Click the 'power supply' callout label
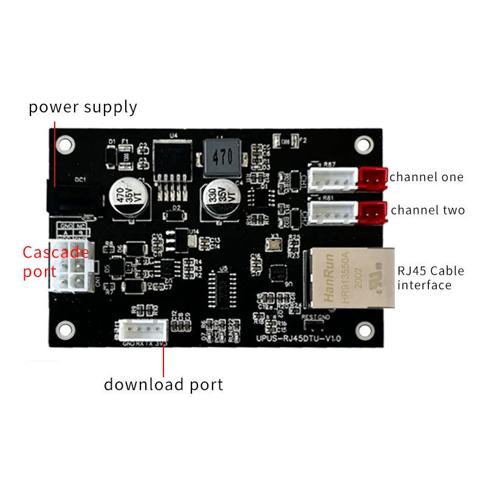(83, 108)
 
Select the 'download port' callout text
(163, 385)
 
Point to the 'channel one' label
(426, 177)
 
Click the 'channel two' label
(428, 210)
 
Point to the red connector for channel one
(372, 177)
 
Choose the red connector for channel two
(372, 211)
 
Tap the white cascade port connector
(70, 267)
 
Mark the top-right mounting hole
(363, 145)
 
